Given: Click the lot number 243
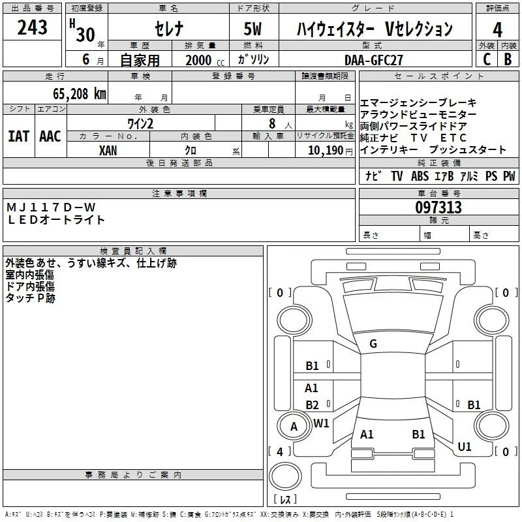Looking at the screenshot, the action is [x=32, y=27].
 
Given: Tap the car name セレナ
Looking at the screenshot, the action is [x=169, y=28].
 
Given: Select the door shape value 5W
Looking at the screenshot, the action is [x=253, y=29].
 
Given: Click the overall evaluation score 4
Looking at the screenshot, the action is [x=497, y=29].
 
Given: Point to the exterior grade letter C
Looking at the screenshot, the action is [x=487, y=59].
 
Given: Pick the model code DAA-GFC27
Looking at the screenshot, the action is [x=373, y=60].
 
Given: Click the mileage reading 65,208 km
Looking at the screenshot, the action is [x=80, y=94].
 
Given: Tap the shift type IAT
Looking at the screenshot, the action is [x=18, y=136].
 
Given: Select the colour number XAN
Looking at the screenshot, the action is [x=108, y=151].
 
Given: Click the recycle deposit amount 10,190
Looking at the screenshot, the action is [x=326, y=151].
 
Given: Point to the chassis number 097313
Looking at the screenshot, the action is [x=438, y=207].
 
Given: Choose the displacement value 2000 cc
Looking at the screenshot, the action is [x=205, y=60].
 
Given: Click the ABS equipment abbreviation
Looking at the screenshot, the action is [x=420, y=176].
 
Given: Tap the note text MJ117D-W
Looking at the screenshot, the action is [x=51, y=207].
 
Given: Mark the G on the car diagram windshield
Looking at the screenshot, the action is [x=373, y=344].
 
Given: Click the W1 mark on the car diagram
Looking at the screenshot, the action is [x=321, y=423].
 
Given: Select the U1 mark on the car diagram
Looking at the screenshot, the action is [x=465, y=446].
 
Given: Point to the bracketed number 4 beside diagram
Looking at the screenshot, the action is [x=280, y=452].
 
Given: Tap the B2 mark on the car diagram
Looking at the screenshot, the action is [x=312, y=405].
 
